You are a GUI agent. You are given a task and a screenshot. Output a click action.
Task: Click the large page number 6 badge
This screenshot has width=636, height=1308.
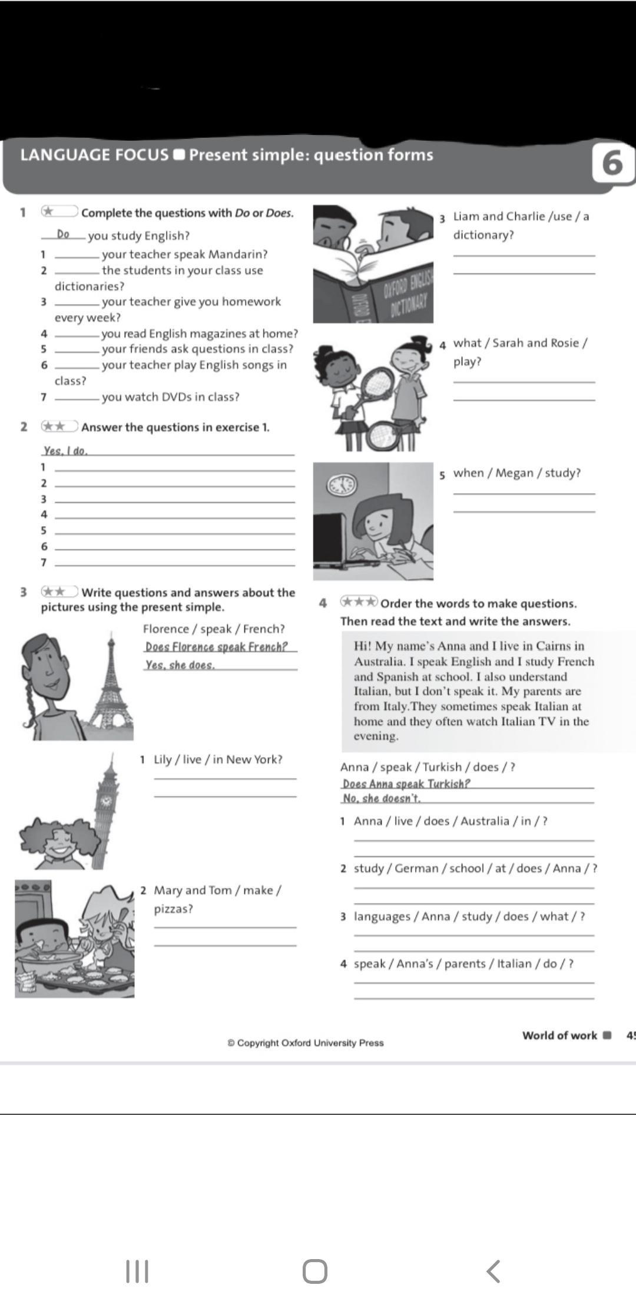click(x=613, y=162)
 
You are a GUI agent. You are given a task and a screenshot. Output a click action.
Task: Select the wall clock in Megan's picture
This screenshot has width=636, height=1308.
click(x=342, y=484)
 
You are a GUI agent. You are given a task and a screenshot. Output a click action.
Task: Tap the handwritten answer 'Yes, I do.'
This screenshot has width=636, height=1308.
click(x=65, y=451)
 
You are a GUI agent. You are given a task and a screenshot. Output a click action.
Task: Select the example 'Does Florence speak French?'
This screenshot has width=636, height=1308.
click(x=216, y=647)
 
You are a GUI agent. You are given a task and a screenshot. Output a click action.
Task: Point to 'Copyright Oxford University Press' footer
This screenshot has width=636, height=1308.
click(x=306, y=1042)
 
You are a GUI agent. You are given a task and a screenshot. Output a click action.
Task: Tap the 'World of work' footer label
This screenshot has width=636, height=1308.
click(x=559, y=1035)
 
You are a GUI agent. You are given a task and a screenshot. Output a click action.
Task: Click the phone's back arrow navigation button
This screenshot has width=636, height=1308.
click(x=493, y=1271)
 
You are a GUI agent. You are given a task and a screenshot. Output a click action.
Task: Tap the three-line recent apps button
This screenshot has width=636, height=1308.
click(x=138, y=1271)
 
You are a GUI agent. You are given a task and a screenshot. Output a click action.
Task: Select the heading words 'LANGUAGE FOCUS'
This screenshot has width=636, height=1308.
click(x=94, y=155)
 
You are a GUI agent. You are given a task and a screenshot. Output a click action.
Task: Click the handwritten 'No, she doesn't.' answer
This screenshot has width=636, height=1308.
click(x=382, y=798)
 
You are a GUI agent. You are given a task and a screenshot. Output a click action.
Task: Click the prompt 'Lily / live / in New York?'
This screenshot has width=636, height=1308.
click(x=218, y=759)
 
